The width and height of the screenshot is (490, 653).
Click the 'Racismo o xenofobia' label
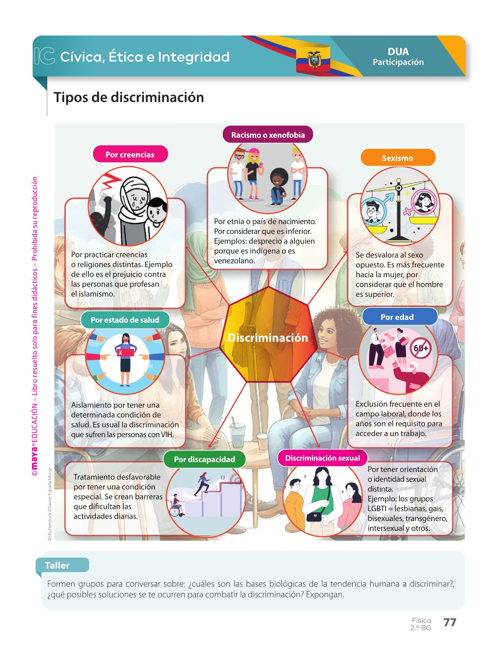coord(268,135)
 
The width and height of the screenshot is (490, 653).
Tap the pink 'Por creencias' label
coord(130,155)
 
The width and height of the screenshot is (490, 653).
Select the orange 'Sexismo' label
coord(397,158)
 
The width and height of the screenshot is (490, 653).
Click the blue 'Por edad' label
coord(397,317)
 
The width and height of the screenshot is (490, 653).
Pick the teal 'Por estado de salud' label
coord(125,320)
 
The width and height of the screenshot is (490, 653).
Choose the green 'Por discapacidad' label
coord(204,459)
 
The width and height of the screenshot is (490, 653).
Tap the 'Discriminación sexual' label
coord(322,458)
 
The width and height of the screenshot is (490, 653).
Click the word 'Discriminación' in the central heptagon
coord(268,338)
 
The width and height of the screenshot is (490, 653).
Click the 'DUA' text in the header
coord(398,52)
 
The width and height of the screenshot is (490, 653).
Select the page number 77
coord(450,623)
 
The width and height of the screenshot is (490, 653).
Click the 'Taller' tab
coord(57,565)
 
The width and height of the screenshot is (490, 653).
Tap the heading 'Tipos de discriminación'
coord(129,98)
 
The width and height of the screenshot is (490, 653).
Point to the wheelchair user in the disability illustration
coord(177,505)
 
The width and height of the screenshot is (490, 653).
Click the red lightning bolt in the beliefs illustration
coord(111,181)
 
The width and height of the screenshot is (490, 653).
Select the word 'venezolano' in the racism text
coord(234,261)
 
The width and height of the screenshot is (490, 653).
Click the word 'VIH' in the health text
coord(167,435)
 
